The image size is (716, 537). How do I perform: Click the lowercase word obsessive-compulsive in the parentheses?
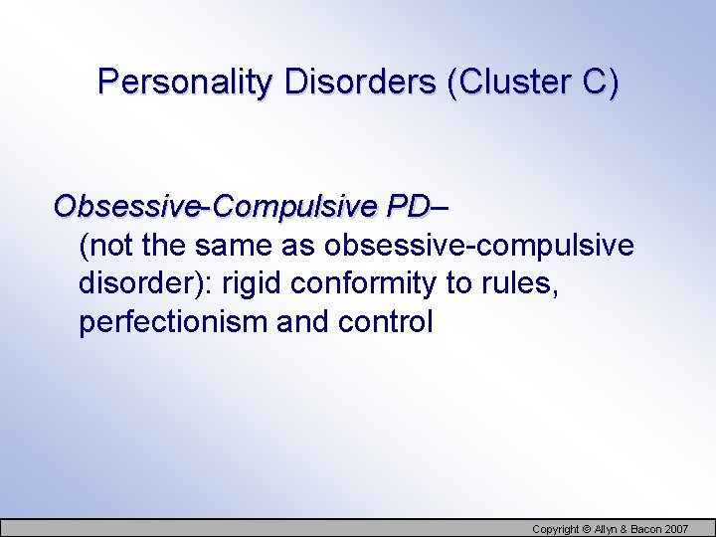tap(478, 246)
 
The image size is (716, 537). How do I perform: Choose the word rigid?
tap(251, 284)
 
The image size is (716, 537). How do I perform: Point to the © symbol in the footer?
tap(588, 528)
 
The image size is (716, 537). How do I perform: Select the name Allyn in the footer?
tap(609, 528)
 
